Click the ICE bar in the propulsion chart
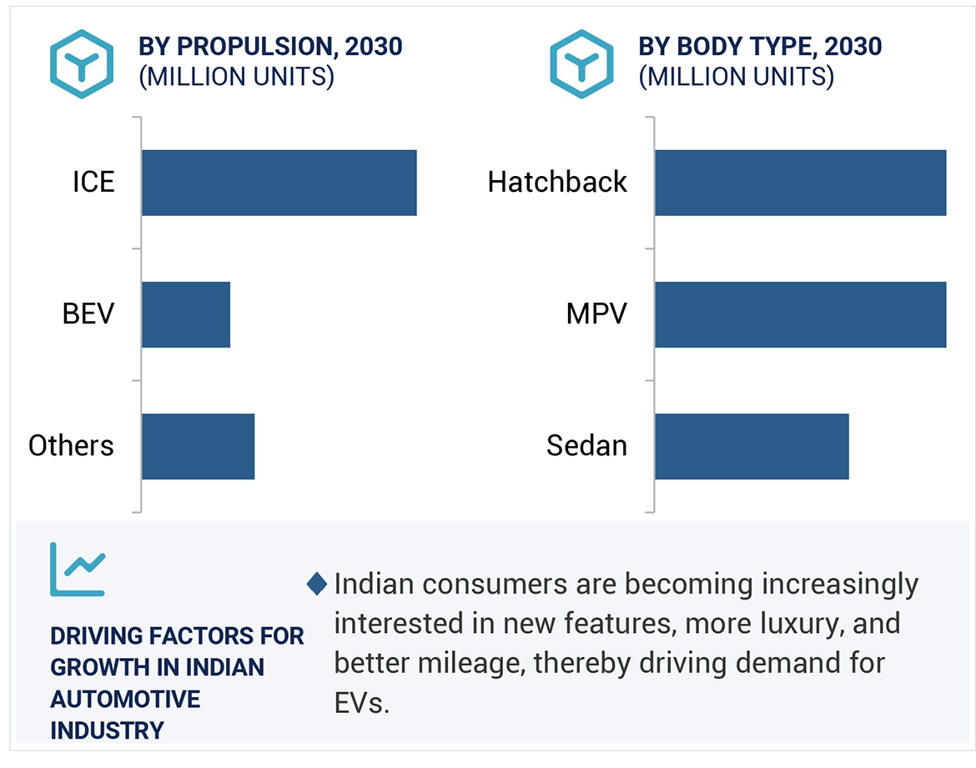(x=279, y=183)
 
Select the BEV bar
(x=185, y=314)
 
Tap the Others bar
(x=198, y=446)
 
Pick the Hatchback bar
(x=800, y=183)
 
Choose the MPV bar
(x=800, y=314)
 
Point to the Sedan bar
(x=751, y=446)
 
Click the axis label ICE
(x=93, y=182)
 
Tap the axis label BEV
(x=88, y=314)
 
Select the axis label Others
(x=71, y=446)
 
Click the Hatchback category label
(x=556, y=182)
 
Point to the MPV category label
(x=596, y=314)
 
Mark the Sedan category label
(x=586, y=446)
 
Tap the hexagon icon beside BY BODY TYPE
(x=582, y=63)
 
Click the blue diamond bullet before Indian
(x=317, y=584)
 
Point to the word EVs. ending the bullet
(x=362, y=703)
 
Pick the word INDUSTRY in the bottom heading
(x=107, y=730)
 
